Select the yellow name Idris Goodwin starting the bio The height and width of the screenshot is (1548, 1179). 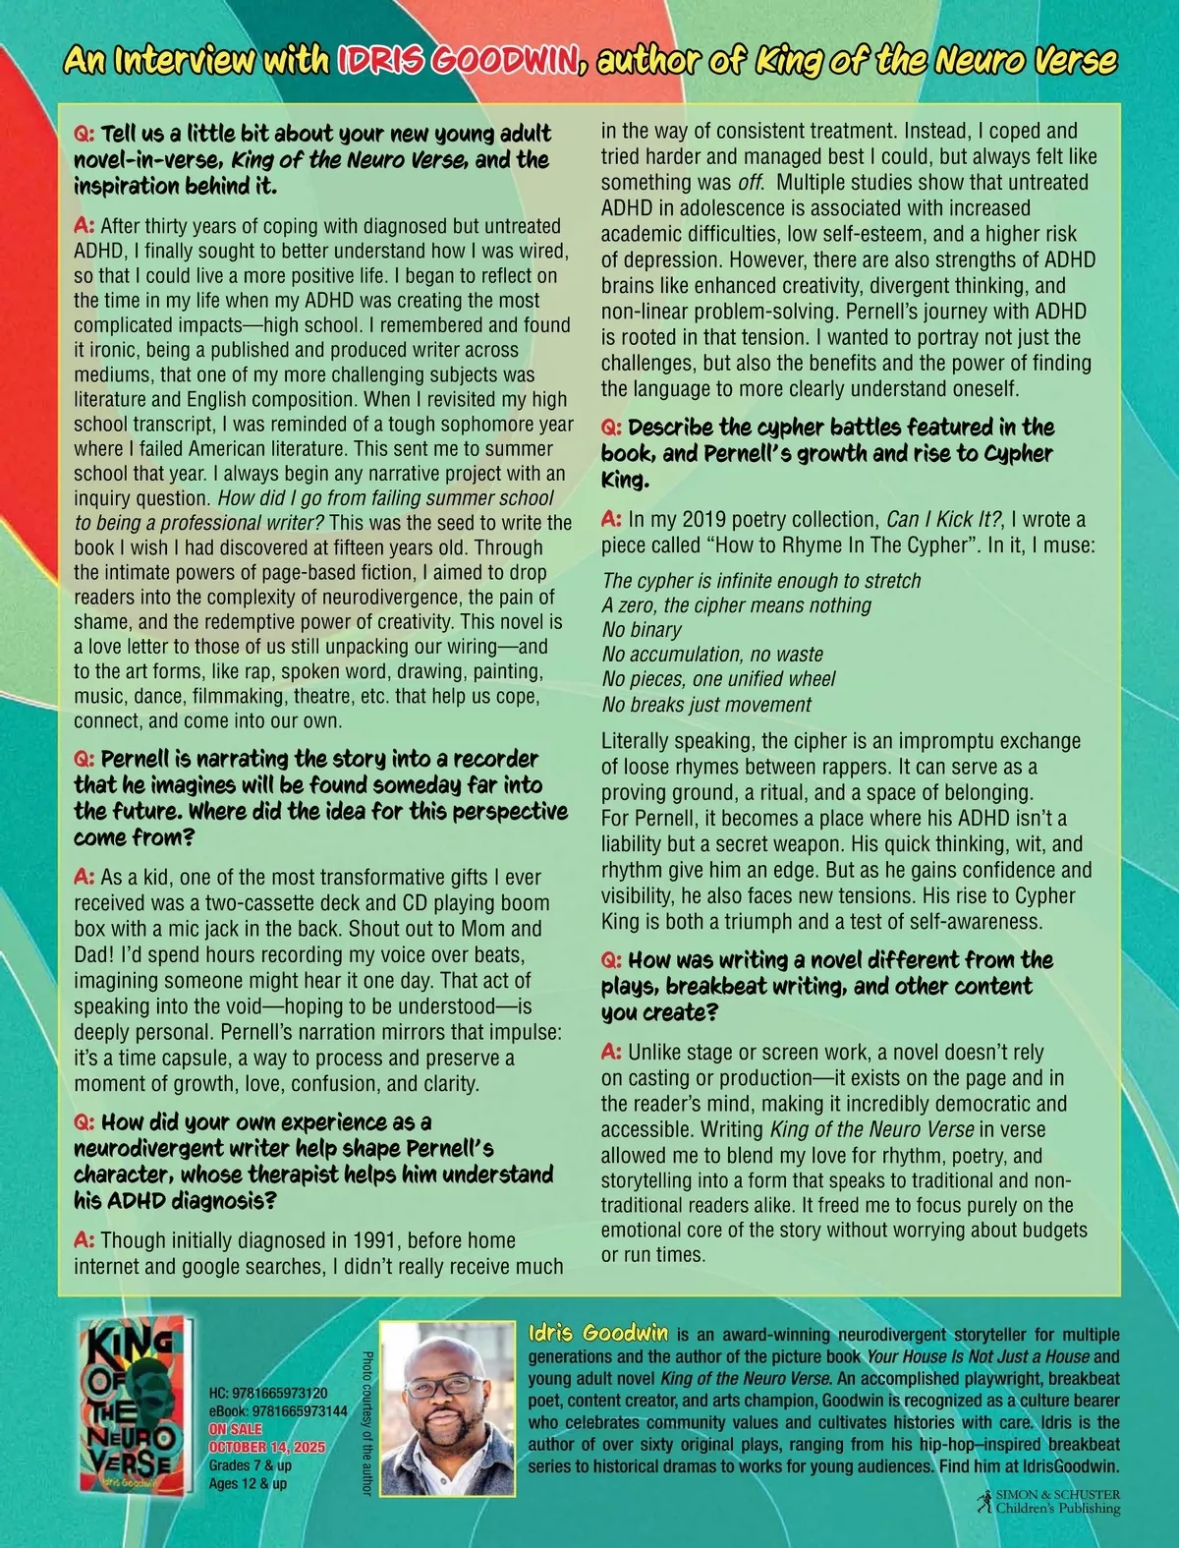point(598,1334)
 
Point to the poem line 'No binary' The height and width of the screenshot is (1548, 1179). point(642,630)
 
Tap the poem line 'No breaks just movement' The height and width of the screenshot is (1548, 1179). point(706,705)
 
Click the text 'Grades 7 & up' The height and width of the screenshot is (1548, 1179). point(250,1465)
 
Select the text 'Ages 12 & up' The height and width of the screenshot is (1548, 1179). point(248,1483)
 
